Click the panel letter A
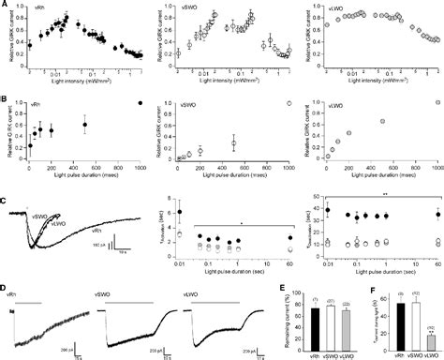point(5,5)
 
